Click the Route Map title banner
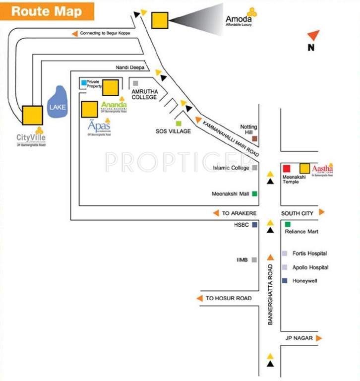pyautogui.click(x=47, y=11)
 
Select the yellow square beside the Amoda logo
pyautogui.click(x=160, y=20)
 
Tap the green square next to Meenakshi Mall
pyautogui.click(x=254, y=193)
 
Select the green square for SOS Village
pyautogui.click(x=179, y=123)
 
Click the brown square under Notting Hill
pyautogui.click(x=254, y=139)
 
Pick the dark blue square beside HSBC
pyautogui.click(x=254, y=225)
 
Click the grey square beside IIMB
pyautogui.click(x=254, y=259)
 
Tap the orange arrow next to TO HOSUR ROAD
pyautogui.click(x=200, y=298)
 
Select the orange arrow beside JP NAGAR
pyautogui.click(x=319, y=338)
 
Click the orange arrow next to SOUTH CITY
pyautogui.click(x=322, y=212)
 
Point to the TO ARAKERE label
pyautogui.click(x=239, y=213)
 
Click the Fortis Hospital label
pyautogui.click(x=309, y=254)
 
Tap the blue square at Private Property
pyautogui.click(x=84, y=82)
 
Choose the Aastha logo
pyautogui.click(x=323, y=170)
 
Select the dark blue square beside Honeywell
pyautogui.click(x=285, y=281)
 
